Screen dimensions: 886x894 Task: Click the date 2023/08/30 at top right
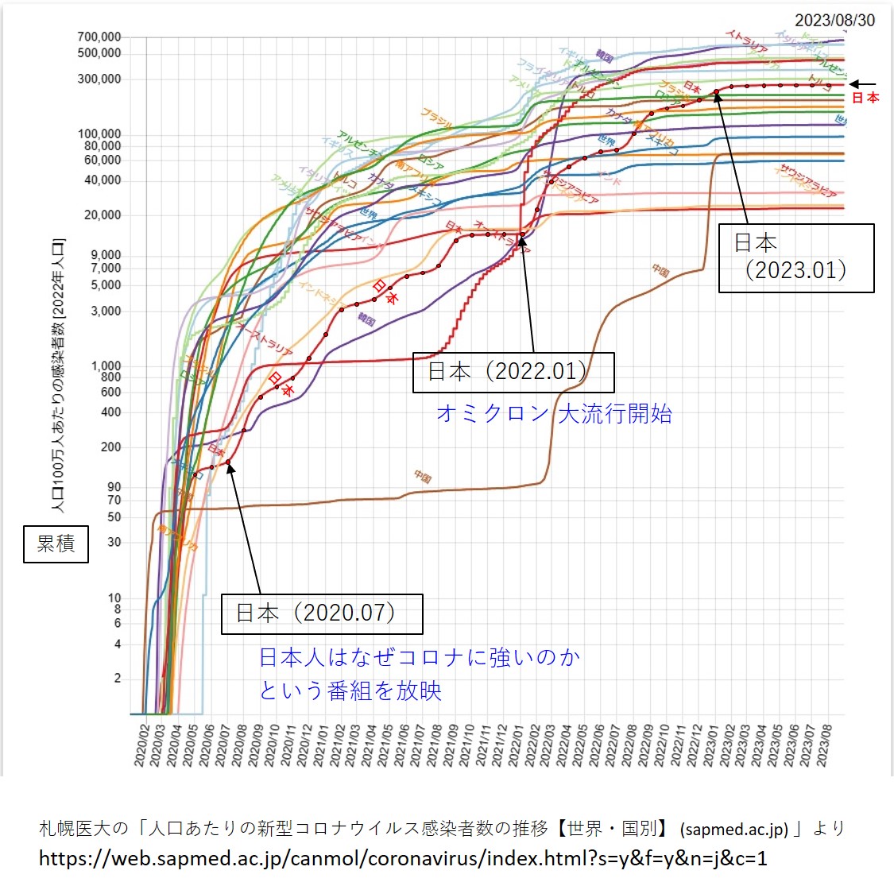tap(834, 20)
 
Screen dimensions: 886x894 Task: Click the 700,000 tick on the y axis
tap(99, 37)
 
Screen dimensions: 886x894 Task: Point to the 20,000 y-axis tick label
tap(103, 215)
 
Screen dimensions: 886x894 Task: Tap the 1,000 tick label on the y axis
tap(106, 366)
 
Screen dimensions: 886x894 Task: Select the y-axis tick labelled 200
tap(110, 447)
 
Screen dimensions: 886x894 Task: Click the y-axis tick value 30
tap(114, 542)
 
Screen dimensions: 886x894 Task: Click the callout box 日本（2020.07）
tap(321, 613)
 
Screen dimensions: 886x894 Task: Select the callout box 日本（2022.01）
tap(513, 372)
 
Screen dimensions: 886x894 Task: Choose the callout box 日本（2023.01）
tap(795, 257)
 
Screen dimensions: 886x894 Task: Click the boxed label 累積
tap(56, 544)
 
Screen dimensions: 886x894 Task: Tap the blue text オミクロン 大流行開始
tap(554, 414)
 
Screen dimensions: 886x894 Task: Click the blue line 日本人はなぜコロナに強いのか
tap(420, 658)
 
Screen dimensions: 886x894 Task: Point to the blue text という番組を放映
tap(350, 691)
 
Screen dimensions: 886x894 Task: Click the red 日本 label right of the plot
tap(865, 98)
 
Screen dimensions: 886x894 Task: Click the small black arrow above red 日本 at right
tap(862, 84)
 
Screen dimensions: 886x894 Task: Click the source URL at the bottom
tap(403, 858)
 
